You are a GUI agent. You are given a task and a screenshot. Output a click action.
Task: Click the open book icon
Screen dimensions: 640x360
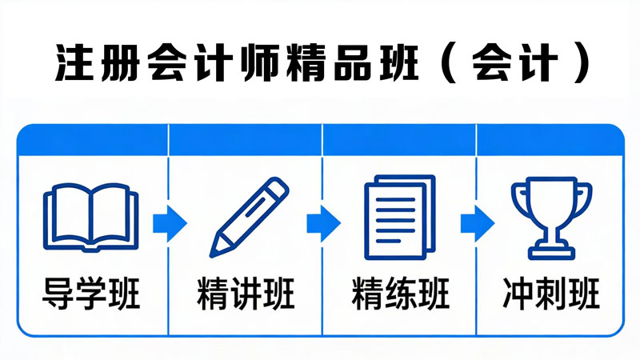pos(90,218)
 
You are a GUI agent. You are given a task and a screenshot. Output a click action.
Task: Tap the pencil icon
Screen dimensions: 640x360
pos(249,217)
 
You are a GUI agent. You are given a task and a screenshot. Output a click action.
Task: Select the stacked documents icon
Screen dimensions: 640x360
pos(400,217)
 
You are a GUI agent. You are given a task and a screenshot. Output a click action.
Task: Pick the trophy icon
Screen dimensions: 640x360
pos(551,218)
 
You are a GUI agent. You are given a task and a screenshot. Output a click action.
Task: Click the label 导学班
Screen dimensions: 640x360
pos(91,293)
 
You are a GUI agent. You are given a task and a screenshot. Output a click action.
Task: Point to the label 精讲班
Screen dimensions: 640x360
pos(246,293)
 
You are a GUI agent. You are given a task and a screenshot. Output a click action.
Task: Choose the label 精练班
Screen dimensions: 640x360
pos(400,293)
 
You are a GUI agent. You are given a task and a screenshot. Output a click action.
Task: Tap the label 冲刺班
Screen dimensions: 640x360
pos(551,293)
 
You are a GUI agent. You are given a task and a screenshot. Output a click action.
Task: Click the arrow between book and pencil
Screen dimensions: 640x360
pos(170,224)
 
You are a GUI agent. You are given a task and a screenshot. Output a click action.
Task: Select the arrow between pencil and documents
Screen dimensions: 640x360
pos(324,224)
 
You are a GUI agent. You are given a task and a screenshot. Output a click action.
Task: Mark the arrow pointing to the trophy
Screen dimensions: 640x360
pos(478,224)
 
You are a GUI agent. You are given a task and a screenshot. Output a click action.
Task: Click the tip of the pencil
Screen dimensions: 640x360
pos(211,256)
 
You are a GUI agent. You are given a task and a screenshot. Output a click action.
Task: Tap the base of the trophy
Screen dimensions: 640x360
pos(551,252)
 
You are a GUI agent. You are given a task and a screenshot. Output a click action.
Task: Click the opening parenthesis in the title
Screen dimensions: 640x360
pos(450,63)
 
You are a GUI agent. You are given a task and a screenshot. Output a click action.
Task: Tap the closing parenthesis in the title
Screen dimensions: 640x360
pos(581,63)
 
